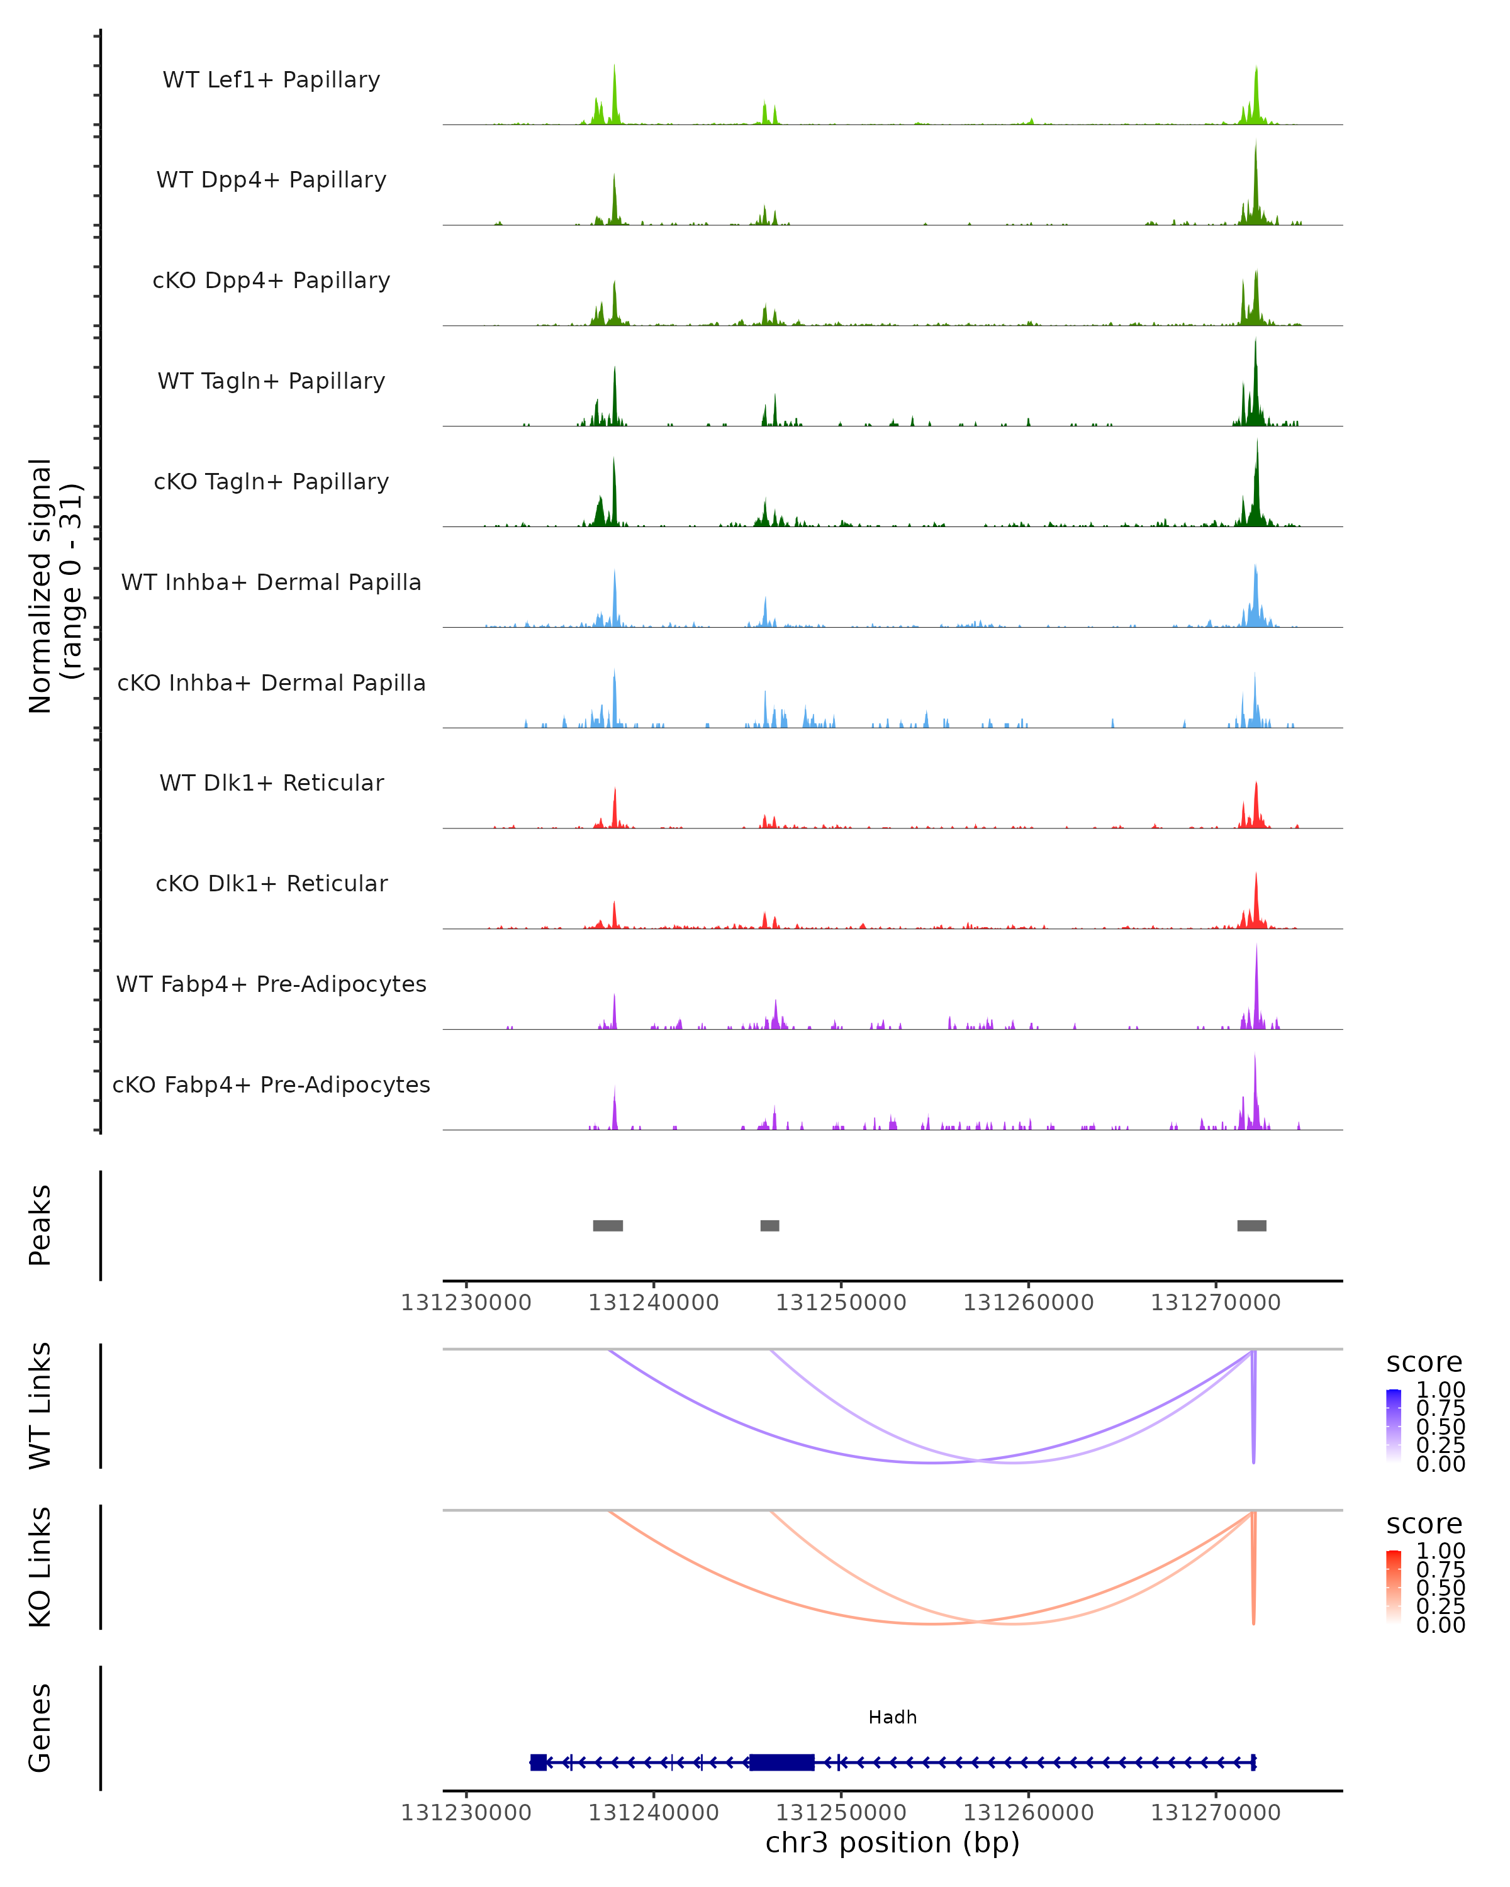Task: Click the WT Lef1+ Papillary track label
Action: [x=271, y=80]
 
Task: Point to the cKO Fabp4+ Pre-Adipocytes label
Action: [x=271, y=1084]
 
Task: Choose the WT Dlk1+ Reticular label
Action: [x=271, y=782]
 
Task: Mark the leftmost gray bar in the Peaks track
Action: [x=608, y=1225]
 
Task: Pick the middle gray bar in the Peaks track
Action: [x=769, y=1225]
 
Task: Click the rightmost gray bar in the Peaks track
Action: [x=1251, y=1225]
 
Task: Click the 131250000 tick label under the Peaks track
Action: [x=841, y=1303]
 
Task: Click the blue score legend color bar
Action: [x=1394, y=1425]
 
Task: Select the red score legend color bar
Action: [x=1394, y=1586]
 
